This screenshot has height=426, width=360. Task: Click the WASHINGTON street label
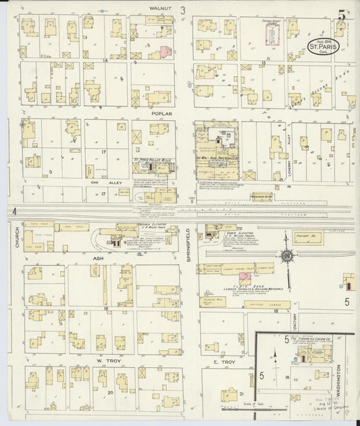(337, 378)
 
